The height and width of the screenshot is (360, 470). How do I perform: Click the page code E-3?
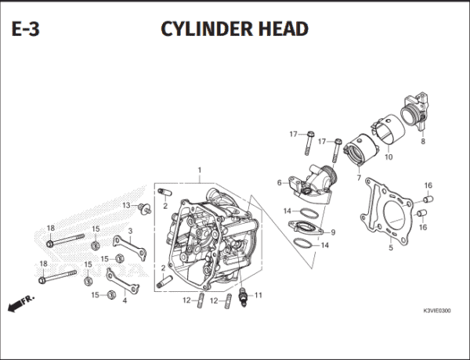29,29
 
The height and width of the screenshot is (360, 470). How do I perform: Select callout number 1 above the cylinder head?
200,170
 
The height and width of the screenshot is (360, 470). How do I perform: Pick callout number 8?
422,142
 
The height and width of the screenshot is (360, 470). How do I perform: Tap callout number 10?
388,157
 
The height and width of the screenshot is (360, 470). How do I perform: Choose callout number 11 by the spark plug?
258,295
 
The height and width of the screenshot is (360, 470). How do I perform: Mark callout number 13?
125,205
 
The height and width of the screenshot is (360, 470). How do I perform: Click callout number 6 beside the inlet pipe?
279,183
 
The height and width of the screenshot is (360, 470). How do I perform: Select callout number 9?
332,232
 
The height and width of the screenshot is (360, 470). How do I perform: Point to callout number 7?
359,178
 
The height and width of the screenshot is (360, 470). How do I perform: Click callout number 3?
130,231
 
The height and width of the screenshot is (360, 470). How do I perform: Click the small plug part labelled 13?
142,208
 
